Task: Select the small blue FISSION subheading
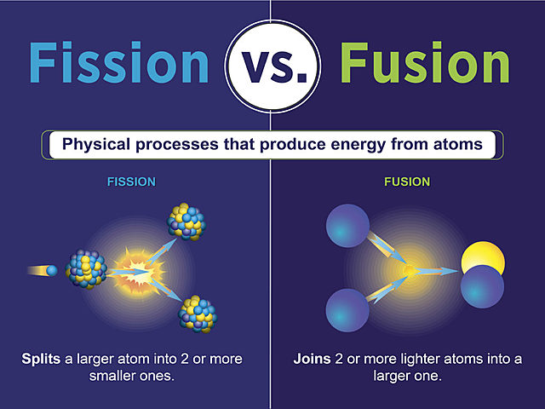[131, 182]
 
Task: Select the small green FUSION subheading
[407, 182]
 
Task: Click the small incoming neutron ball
[52, 270]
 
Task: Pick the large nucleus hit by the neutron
[86, 268]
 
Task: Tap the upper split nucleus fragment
[186, 222]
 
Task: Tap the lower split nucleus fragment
[195, 314]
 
